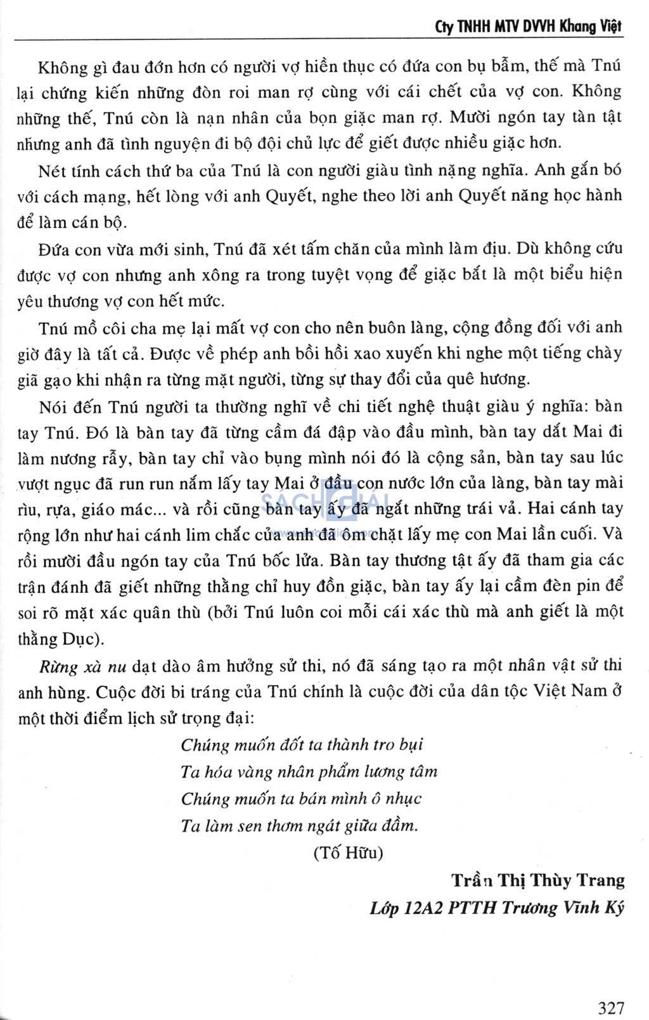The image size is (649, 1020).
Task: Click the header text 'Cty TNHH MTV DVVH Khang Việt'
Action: pyautogui.click(x=529, y=26)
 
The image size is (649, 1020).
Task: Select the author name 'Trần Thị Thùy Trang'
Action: pyautogui.click(x=537, y=881)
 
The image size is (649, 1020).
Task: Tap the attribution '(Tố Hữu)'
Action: pyautogui.click(x=348, y=853)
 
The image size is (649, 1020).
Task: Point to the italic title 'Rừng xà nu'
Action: pyautogui.click(x=82, y=666)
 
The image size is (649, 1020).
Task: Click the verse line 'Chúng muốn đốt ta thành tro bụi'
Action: pyautogui.click(x=302, y=745)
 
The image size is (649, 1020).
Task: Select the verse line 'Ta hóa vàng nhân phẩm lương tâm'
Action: pyautogui.click(x=309, y=772)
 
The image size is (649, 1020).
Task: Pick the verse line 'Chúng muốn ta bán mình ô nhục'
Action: pyautogui.click(x=301, y=799)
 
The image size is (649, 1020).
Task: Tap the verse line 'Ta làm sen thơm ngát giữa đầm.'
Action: pyautogui.click(x=299, y=826)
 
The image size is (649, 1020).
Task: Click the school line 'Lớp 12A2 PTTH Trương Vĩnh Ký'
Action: pyautogui.click(x=497, y=908)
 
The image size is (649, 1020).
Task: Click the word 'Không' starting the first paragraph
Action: pyautogui.click(x=58, y=67)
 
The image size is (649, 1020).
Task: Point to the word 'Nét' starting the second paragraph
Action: pyautogui.click(x=51, y=171)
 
